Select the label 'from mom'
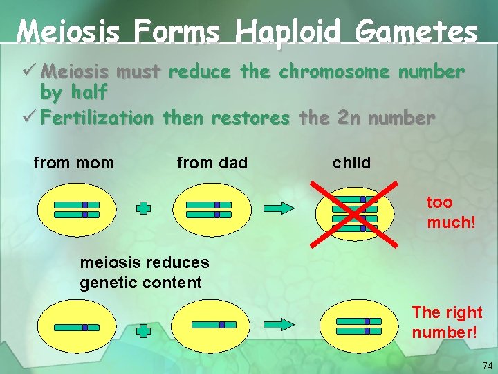coord(74,163)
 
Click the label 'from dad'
coord(212,163)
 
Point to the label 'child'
coord(352,163)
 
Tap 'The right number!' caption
coord(447,322)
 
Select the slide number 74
coord(487,365)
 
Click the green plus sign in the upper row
coord(143,208)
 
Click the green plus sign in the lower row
coord(143,331)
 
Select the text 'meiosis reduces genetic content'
coord(144,273)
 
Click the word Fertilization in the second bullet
coord(97,118)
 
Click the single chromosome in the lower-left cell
coord(76,327)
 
